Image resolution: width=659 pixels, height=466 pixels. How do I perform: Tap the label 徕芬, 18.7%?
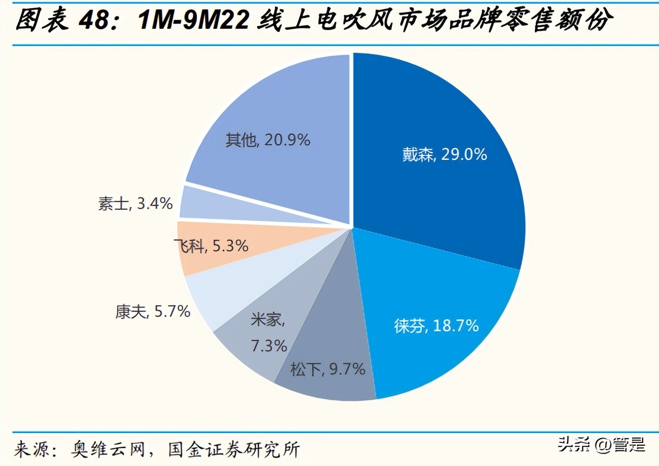tap(436, 326)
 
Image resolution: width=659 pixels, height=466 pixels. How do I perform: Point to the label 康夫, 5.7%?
tap(152, 311)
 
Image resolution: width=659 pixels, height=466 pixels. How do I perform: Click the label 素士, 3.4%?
tap(135, 203)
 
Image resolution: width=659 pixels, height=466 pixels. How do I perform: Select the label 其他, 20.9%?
tap(267, 140)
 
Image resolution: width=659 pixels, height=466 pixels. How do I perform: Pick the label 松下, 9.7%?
tap(328, 369)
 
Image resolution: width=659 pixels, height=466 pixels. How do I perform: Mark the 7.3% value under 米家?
tap(269, 346)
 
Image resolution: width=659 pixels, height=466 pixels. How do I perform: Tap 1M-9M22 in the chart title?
tap(193, 20)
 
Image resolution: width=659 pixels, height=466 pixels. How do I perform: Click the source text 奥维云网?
tap(108, 449)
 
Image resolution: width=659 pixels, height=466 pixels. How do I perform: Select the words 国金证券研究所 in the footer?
tap(234, 449)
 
